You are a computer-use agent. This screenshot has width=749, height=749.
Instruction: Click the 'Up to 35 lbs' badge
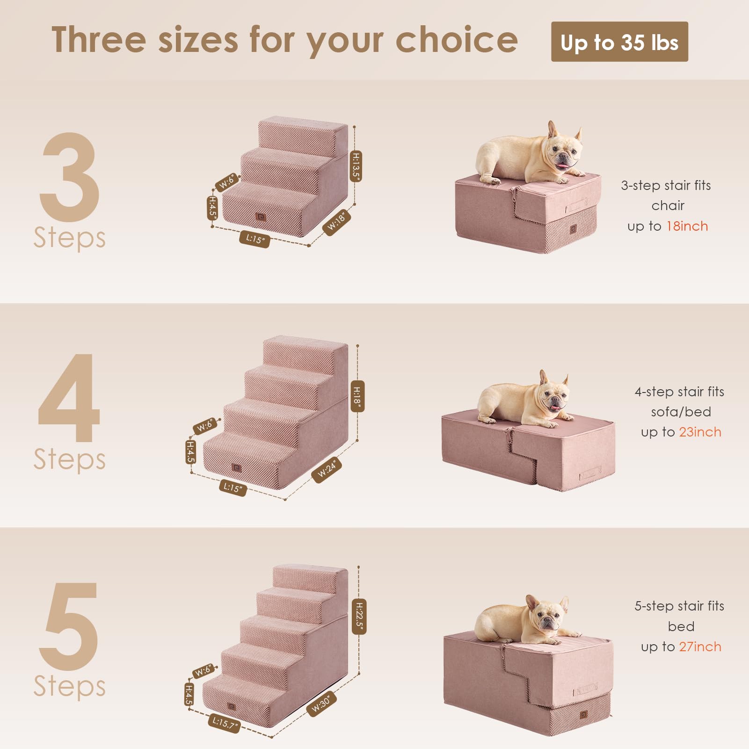[x=619, y=42]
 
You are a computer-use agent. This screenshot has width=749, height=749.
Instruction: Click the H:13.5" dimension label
[x=356, y=166]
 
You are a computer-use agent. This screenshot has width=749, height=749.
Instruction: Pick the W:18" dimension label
[x=337, y=222]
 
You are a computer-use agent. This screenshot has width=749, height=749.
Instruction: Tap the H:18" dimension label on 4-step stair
[x=357, y=396]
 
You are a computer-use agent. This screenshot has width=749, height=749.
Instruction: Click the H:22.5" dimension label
[x=359, y=616]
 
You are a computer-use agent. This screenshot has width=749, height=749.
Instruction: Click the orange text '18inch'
[x=687, y=226]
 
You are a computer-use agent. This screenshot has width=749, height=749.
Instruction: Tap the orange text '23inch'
[x=700, y=432]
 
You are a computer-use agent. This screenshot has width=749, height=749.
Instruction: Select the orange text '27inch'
[x=700, y=647]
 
